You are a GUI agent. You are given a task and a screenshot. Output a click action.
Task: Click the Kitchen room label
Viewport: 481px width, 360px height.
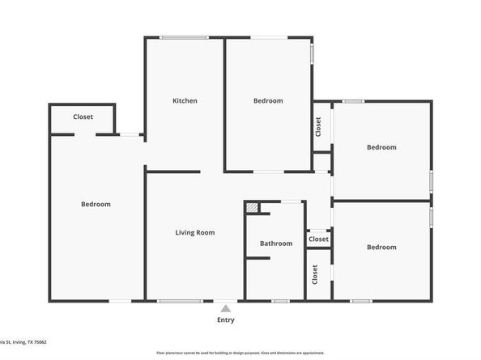[x=185, y=101]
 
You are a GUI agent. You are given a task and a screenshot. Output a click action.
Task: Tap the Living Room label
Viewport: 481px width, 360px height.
[x=195, y=233]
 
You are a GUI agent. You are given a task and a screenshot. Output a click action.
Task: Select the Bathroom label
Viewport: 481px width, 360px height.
[x=275, y=244]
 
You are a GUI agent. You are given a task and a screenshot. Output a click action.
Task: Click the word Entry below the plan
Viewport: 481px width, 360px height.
[x=225, y=320]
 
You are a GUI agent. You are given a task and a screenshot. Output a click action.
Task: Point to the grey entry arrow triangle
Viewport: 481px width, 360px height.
[x=225, y=307]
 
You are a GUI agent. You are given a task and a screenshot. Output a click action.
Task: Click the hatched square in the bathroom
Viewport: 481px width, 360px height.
[x=253, y=208]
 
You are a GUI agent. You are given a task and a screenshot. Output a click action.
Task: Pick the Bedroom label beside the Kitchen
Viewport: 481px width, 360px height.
[x=268, y=101]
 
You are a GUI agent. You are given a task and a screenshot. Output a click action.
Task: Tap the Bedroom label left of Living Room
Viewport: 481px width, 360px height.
[x=96, y=205]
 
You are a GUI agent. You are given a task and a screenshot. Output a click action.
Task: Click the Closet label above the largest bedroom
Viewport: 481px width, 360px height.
[x=83, y=117]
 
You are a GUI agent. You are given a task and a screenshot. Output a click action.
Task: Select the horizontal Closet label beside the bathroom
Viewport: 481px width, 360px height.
[x=318, y=239]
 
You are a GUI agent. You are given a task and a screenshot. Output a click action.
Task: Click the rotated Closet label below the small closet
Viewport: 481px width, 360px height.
[x=314, y=275]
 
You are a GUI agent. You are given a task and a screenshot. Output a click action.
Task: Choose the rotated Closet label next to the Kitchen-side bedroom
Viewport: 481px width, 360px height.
[x=318, y=127]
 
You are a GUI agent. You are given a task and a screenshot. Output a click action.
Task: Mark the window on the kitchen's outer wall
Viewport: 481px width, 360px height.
[x=184, y=37]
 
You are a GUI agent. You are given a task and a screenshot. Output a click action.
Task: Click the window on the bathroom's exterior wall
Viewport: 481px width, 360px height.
[x=280, y=302]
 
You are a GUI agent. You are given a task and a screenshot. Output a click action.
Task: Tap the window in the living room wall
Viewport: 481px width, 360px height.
[x=180, y=302]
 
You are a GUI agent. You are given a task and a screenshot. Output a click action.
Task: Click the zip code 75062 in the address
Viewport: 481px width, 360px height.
[x=38, y=342]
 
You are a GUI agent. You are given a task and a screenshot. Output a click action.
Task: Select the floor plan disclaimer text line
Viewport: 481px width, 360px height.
[x=240, y=354]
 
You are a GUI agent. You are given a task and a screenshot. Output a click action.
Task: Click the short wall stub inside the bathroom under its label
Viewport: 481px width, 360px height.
[x=258, y=258]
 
